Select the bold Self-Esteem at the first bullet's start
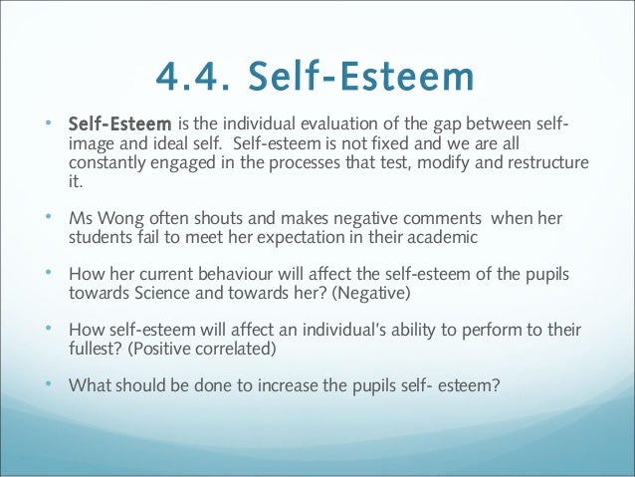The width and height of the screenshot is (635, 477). [x=118, y=124]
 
